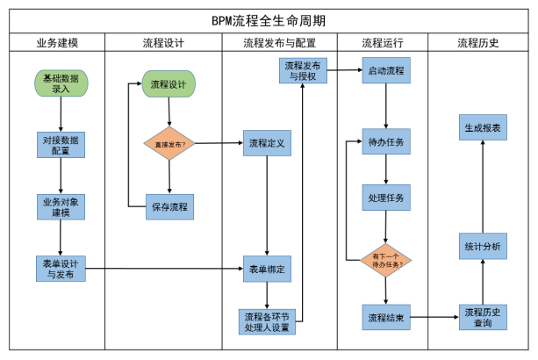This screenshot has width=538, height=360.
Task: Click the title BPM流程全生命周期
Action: click(269, 21)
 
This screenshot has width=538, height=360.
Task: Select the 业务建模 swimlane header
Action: click(57, 43)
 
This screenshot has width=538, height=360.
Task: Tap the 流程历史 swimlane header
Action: click(478, 43)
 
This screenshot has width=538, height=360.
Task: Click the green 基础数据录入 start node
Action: click(61, 83)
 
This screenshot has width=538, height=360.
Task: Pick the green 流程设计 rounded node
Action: click(169, 84)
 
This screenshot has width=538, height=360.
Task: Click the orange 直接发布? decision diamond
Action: click(169, 143)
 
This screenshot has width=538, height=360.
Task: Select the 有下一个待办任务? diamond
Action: click(385, 261)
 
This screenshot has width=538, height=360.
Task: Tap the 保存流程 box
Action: click(170, 207)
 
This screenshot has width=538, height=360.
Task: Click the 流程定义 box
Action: click(268, 143)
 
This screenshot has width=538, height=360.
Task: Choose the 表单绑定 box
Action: click(268, 269)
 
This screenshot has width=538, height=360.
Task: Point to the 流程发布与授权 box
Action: click(303, 71)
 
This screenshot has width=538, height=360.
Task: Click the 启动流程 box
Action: click(386, 70)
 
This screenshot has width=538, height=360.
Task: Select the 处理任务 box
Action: click(386, 198)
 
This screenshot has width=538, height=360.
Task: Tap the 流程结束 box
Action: click(386, 318)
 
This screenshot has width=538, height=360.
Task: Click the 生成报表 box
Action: click(483, 127)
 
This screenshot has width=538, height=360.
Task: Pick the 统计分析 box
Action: click(483, 247)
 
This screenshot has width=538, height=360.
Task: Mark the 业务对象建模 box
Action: click(61, 207)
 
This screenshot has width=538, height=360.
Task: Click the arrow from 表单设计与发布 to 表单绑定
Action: click(164, 269)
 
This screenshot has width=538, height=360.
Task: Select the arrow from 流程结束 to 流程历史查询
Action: click(434, 317)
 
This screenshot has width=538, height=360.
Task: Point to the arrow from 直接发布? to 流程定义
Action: click(219, 143)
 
